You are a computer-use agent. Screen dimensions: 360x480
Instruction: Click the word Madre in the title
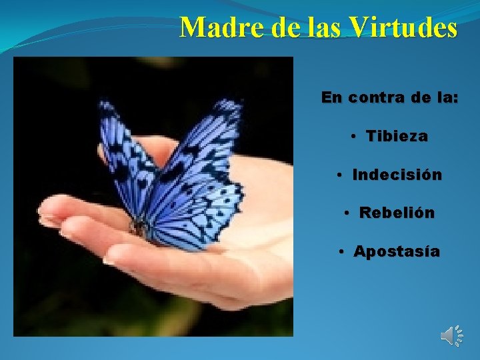[x=212, y=28]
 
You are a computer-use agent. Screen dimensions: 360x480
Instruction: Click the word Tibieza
[x=397, y=137]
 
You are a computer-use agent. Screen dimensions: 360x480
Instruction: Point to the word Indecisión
[x=397, y=175]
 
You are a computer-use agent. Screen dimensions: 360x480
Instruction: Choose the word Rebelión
[x=397, y=213]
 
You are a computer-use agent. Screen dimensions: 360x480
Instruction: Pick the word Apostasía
[x=397, y=252]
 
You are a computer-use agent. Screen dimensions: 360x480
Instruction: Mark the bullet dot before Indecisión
[x=340, y=176]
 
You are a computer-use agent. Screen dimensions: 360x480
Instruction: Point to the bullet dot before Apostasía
[x=341, y=253]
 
